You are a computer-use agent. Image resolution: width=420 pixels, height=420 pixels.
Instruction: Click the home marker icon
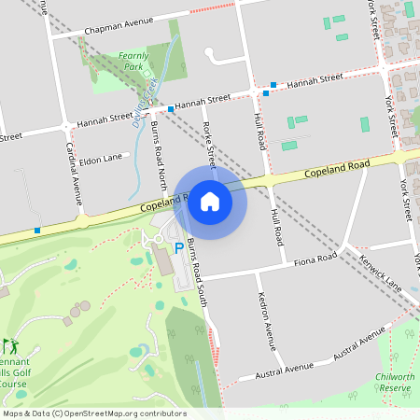[209, 202]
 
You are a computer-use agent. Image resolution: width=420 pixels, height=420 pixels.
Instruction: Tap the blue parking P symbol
[179, 248]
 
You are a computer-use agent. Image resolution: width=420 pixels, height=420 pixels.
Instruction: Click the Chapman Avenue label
[117, 29]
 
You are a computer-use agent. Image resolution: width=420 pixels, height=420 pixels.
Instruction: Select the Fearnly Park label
[133, 62]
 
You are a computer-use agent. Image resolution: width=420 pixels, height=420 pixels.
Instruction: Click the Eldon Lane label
[102, 159]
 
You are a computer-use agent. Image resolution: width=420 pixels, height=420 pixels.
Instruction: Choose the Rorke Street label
[209, 140]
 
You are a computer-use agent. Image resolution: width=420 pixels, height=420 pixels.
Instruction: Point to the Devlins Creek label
[144, 102]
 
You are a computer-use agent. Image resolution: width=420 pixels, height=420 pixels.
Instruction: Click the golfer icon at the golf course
[8, 346]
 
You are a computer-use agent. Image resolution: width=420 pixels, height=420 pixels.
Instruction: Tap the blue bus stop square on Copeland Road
[36, 230]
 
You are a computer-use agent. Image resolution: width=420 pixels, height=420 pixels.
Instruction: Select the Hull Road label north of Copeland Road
[260, 132]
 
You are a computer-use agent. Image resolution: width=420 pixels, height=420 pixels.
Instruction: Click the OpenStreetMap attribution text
[93, 413]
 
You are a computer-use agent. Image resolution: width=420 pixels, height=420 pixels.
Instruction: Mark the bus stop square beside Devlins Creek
[171, 109]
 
